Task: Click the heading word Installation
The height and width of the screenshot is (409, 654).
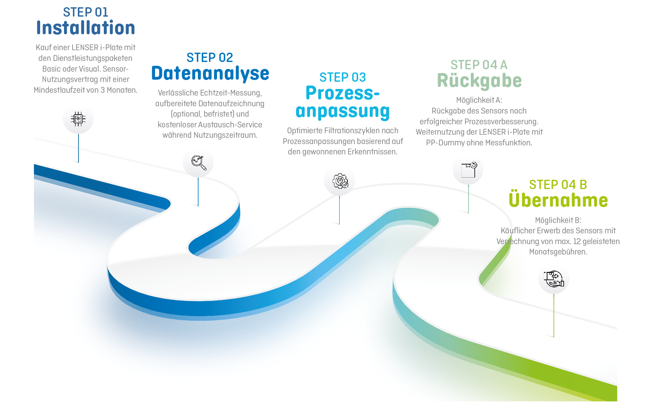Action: tap(86, 28)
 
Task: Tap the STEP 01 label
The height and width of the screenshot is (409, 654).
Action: tap(85, 12)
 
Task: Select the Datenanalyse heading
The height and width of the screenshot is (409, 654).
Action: tap(210, 73)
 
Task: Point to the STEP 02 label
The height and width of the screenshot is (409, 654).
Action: tap(210, 57)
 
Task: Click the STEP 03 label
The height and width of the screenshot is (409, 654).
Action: tap(343, 77)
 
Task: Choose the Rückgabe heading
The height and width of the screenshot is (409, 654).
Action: tap(479, 81)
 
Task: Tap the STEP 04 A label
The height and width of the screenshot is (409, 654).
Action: tap(479, 65)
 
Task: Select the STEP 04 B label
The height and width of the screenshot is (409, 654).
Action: tap(558, 185)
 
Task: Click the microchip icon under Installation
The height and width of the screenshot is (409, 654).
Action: tap(78, 119)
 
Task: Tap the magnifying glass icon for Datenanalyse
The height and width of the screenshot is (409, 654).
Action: tap(199, 163)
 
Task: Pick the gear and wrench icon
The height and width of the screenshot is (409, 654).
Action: tap(340, 181)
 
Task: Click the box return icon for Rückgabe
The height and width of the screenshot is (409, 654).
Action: tap(469, 170)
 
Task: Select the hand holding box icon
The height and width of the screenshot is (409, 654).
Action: tap(554, 279)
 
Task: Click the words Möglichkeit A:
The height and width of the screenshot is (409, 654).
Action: tap(479, 100)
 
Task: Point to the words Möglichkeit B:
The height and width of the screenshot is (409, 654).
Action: tap(558, 220)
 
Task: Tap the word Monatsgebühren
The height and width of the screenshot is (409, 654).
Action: tap(558, 252)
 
